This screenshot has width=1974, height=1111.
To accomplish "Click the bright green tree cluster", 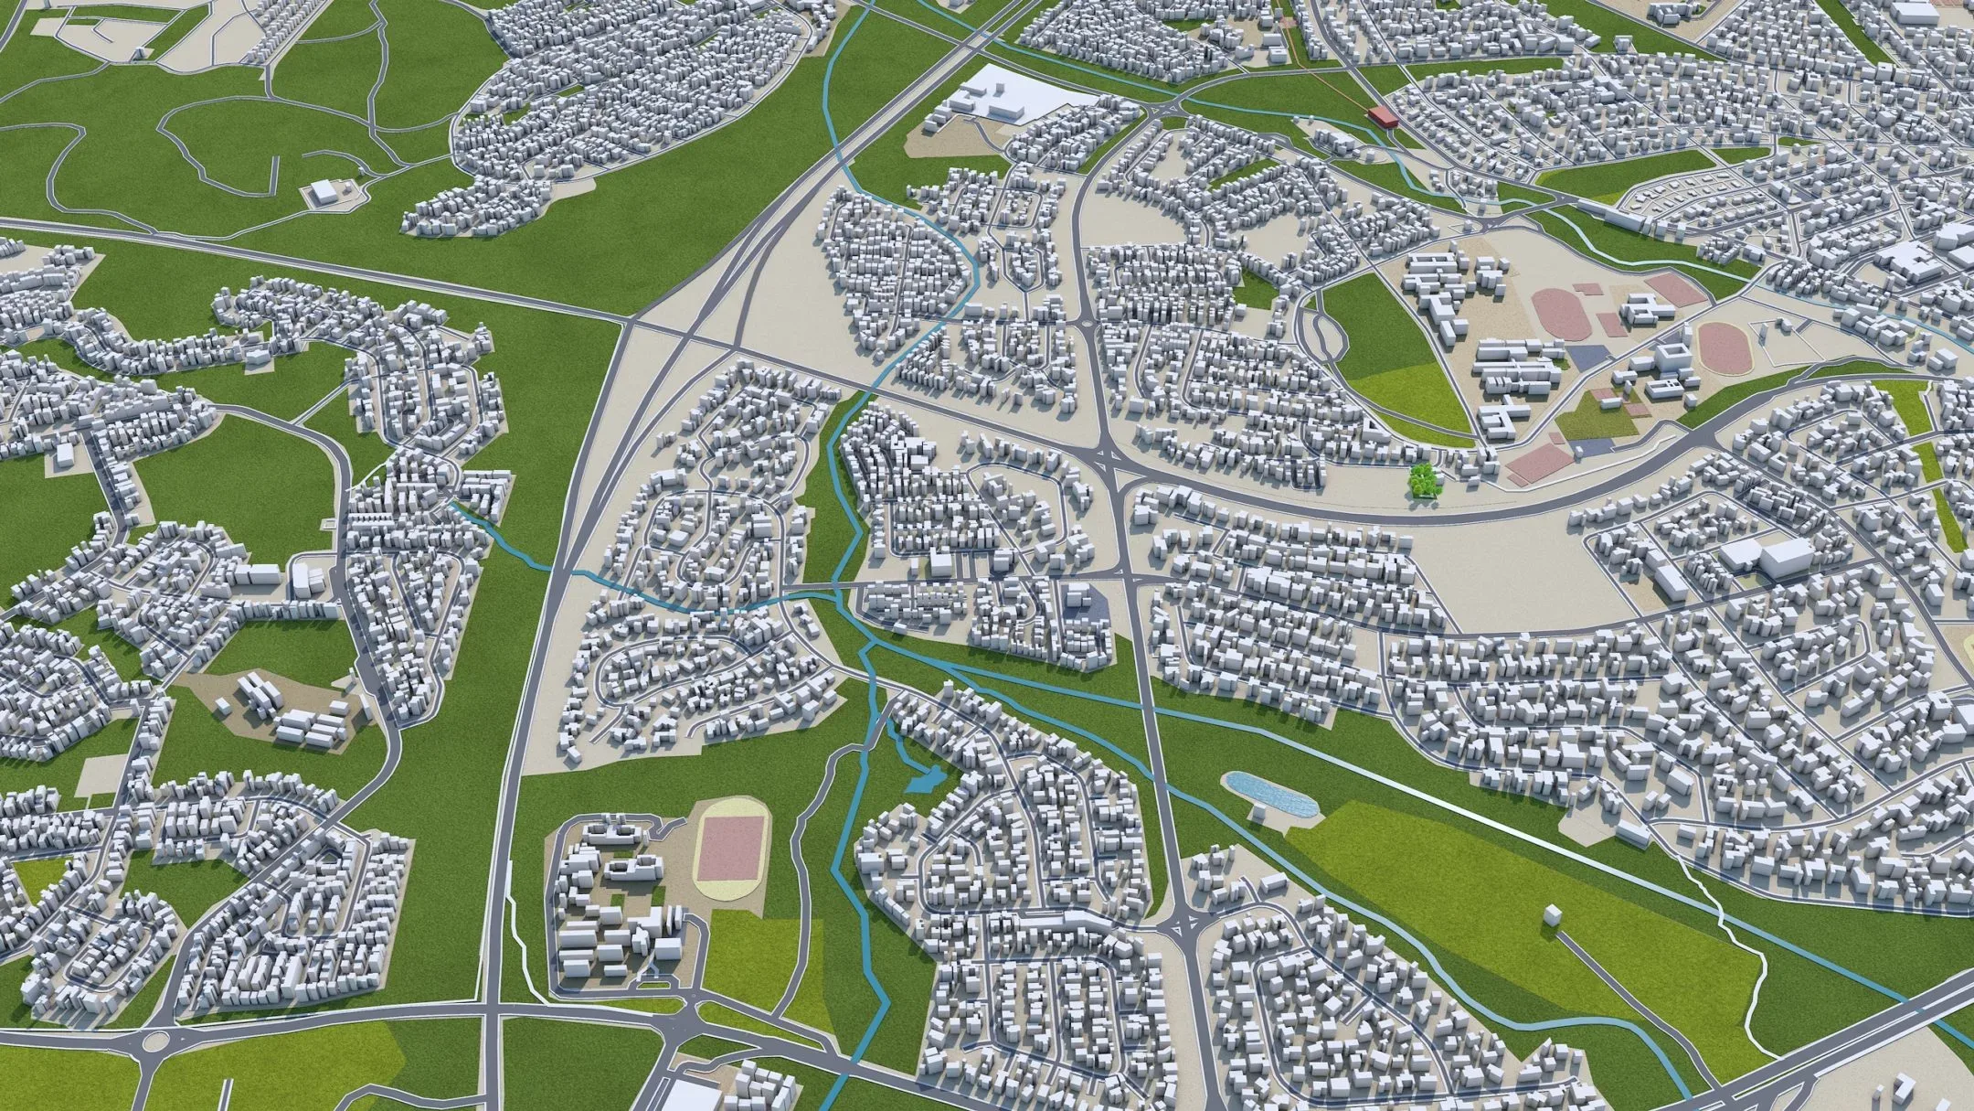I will click(1421, 479).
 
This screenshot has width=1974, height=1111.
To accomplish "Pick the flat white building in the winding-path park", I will click(323, 192).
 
